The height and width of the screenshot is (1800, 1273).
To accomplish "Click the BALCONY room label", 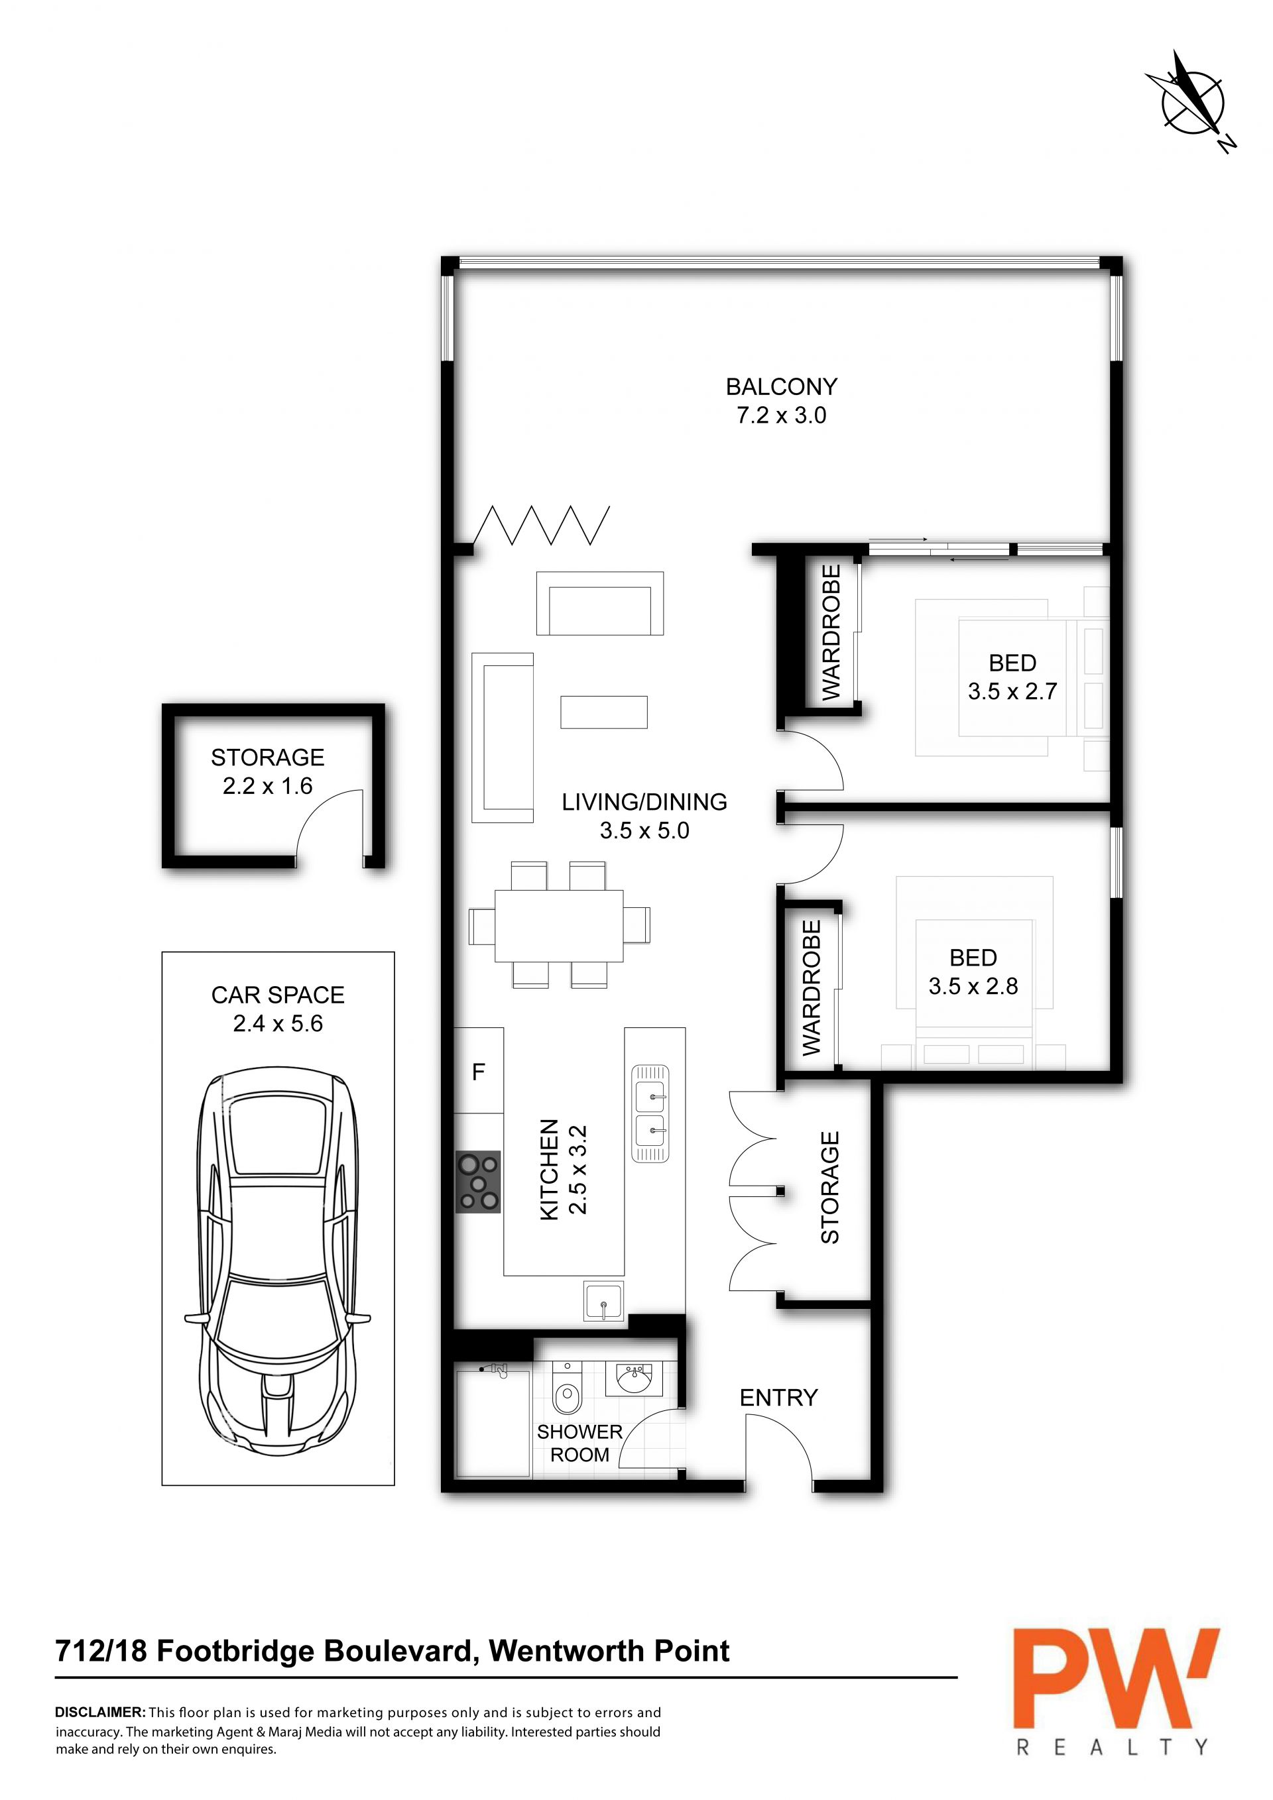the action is tap(781, 386).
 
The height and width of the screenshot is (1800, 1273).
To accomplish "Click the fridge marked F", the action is tap(479, 1071).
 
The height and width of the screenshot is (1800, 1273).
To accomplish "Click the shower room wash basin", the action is tap(634, 1377).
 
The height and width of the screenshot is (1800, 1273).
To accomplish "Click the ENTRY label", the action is tap(779, 1397).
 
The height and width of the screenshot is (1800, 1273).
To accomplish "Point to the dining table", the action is tap(559, 925).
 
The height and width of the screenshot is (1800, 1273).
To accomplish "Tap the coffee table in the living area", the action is tap(604, 712).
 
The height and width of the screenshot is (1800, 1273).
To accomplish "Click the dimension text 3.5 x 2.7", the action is tap(1012, 691).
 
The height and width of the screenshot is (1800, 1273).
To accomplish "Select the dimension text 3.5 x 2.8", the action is tap(973, 986).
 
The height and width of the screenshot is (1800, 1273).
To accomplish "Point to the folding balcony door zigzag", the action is tap(542, 526).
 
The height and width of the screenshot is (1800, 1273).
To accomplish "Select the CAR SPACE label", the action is tap(278, 995).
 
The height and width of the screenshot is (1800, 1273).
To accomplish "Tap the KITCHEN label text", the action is tap(550, 1169).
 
